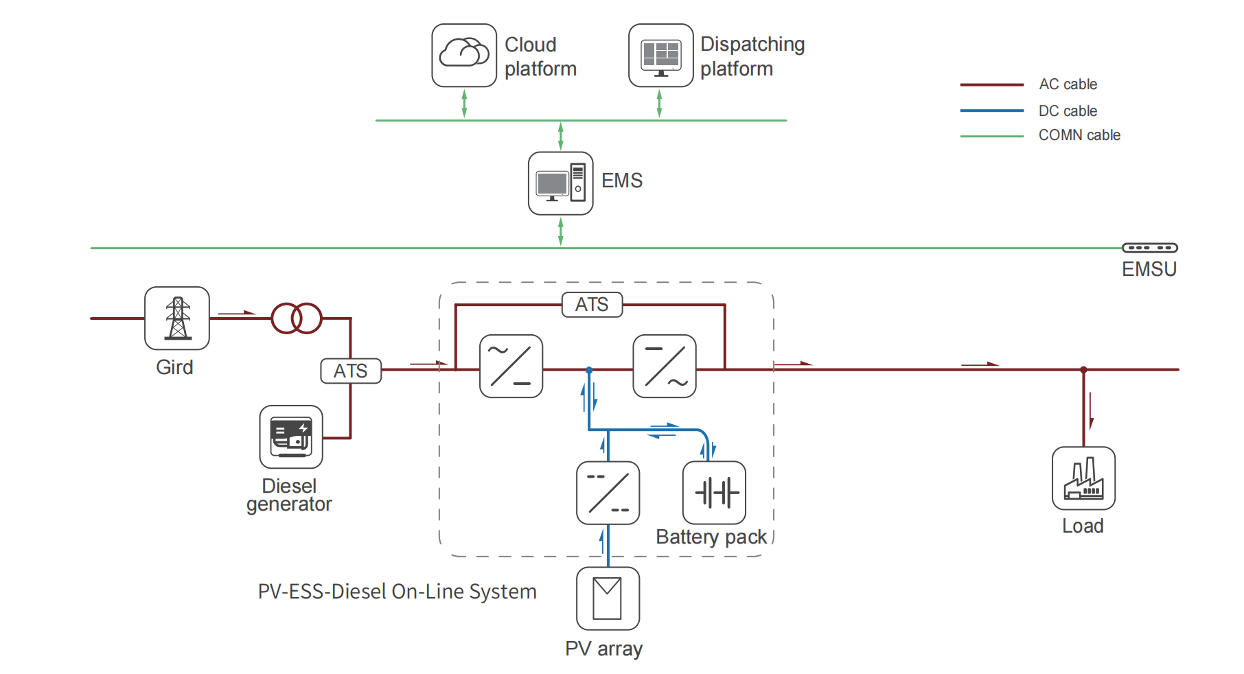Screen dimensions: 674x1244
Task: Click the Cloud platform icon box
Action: pyautogui.click(x=464, y=56)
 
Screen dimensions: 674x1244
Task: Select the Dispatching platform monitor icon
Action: pyautogui.click(x=660, y=56)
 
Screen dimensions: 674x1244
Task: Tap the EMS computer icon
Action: pyautogui.click(x=560, y=183)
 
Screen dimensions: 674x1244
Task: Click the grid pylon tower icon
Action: pyautogui.click(x=177, y=318)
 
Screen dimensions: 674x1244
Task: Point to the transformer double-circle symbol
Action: pyautogui.click(x=297, y=318)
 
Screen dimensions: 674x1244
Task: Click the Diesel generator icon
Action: pyautogui.click(x=291, y=437)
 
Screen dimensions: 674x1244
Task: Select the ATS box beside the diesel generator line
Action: pyautogui.click(x=351, y=371)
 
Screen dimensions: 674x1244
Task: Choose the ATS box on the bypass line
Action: pyautogui.click(x=592, y=305)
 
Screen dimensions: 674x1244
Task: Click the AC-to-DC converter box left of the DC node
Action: pyautogui.click(x=511, y=366)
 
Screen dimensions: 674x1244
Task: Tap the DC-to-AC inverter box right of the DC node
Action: pyautogui.click(x=665, y=366)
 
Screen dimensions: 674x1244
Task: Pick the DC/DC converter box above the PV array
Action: pyautogui.click(x=608, y=493)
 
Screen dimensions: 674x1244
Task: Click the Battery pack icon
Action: pyautogui.click(x=714, y=493)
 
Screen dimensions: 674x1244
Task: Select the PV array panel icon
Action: pyautogui.click(x=608, y=599)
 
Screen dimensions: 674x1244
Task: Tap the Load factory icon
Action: pyautogui.click(x=1083, y=478)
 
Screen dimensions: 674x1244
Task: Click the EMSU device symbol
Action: pyautogui.click(x=1149, y=248)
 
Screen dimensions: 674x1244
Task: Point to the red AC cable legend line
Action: pyautogui.click(x=991, y=85)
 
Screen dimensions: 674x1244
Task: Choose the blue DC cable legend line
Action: pyautogui.click(x=991, y=111)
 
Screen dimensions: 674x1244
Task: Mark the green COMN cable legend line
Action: pyautogui.click(x=991, y=137)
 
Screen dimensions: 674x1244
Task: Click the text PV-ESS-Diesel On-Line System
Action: pyautogui.click(x=397, y=592)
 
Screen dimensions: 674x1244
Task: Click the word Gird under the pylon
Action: pyautogui.click(x=174, y=367)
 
